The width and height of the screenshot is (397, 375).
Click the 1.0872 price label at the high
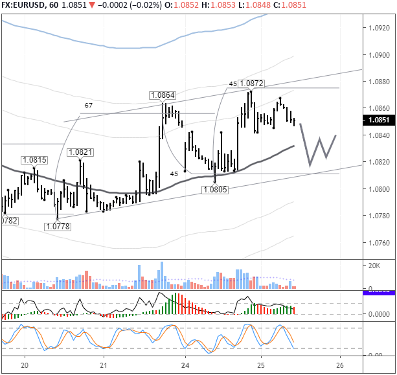click(x=251, y=84)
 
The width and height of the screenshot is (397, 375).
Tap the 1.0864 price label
click(x=163, y=95)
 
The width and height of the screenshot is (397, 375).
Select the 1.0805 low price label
click(x=214, y=188)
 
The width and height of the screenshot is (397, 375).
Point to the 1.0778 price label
click(x=58, y=226)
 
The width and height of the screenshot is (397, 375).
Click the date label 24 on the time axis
click(x=185, y=365)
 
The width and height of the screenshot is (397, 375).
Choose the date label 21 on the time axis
click(x=104, y=365)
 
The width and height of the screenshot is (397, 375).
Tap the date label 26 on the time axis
click(x=340, y=365)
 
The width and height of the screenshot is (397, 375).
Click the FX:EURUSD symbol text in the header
click(x=20, y=6)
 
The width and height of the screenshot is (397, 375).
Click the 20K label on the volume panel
click(x=374, y=266)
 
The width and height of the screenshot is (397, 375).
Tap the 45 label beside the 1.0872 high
click(x=233, y=84)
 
